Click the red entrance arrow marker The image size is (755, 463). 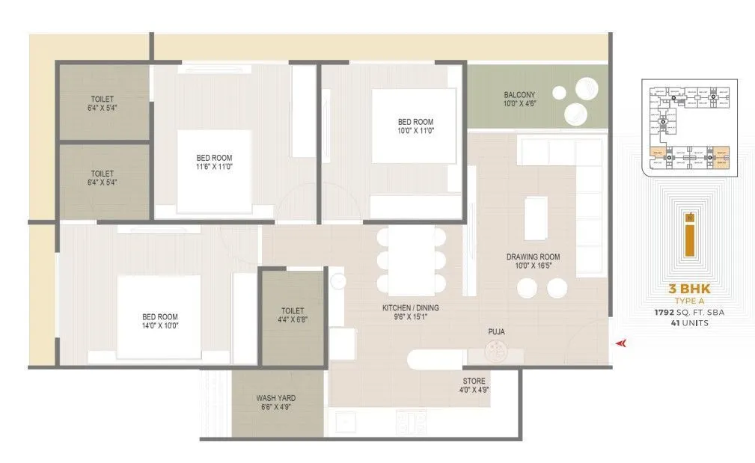620,343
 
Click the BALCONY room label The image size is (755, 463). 519,95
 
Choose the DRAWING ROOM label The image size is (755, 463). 533,257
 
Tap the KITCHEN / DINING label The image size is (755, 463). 411,307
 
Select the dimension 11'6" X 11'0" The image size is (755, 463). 215,168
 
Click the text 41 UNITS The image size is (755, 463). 690,324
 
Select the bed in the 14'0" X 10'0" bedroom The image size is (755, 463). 159,315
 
